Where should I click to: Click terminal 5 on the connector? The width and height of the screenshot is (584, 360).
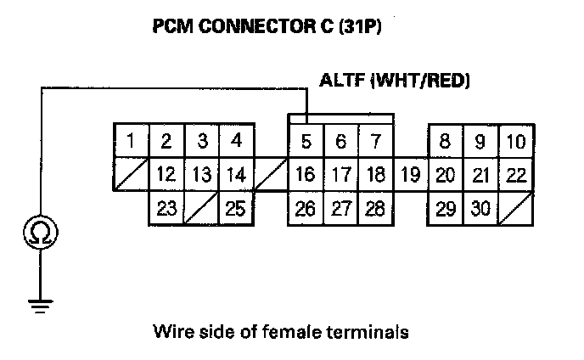click(x=306, y=142)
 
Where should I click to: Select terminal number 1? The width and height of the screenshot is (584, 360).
click(x=132, y=140)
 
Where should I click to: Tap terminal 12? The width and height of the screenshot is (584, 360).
click(x=166, y=175)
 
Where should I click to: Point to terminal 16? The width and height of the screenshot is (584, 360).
click(x=306, y=176)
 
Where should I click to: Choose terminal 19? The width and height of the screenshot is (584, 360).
click(x=410, y=176)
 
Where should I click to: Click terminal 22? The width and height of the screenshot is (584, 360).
click(x=515, y=176)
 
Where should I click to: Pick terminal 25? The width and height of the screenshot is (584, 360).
click(x=237, y=208)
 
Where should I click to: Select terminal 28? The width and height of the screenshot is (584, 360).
click(x=375, y=208)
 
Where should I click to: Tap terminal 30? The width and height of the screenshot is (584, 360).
click(x=480, y=208)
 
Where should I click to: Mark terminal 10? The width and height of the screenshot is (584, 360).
click(x=515, y=142)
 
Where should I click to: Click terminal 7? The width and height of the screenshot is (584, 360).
click(x=375, y=142)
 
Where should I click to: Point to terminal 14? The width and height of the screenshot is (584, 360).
click(x=237, y=175)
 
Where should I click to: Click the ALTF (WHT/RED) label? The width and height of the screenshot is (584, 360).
click(x=395, y=82)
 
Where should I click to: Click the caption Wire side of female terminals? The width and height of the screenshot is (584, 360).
click(x=280, y=331)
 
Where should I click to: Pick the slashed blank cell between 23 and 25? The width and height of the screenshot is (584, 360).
click(x=201, y=208)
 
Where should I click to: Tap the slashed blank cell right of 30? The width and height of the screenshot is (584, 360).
click(x=515, y=208)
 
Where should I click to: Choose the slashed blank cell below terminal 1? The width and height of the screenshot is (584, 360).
click(x=132, y=175)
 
